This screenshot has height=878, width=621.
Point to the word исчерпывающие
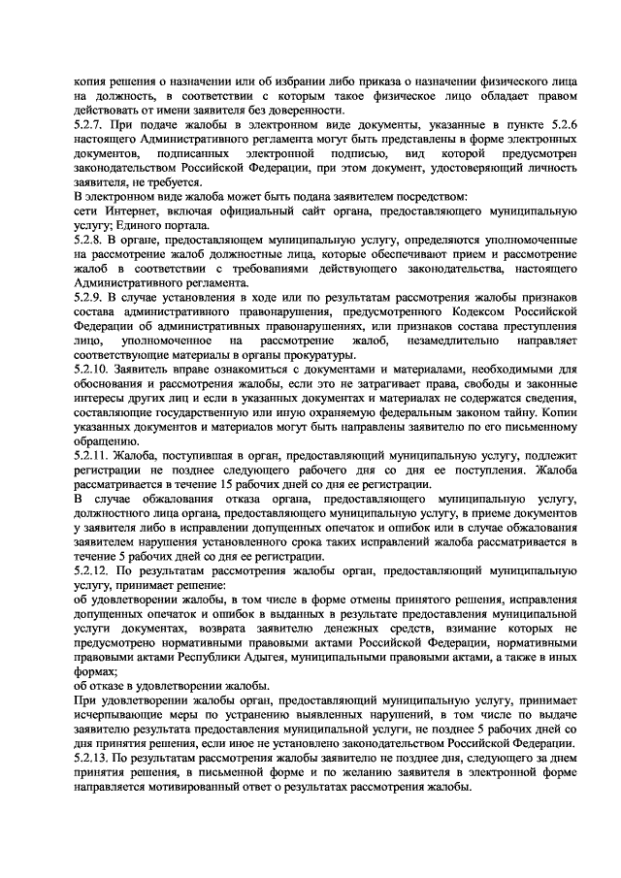coord(115,713)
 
